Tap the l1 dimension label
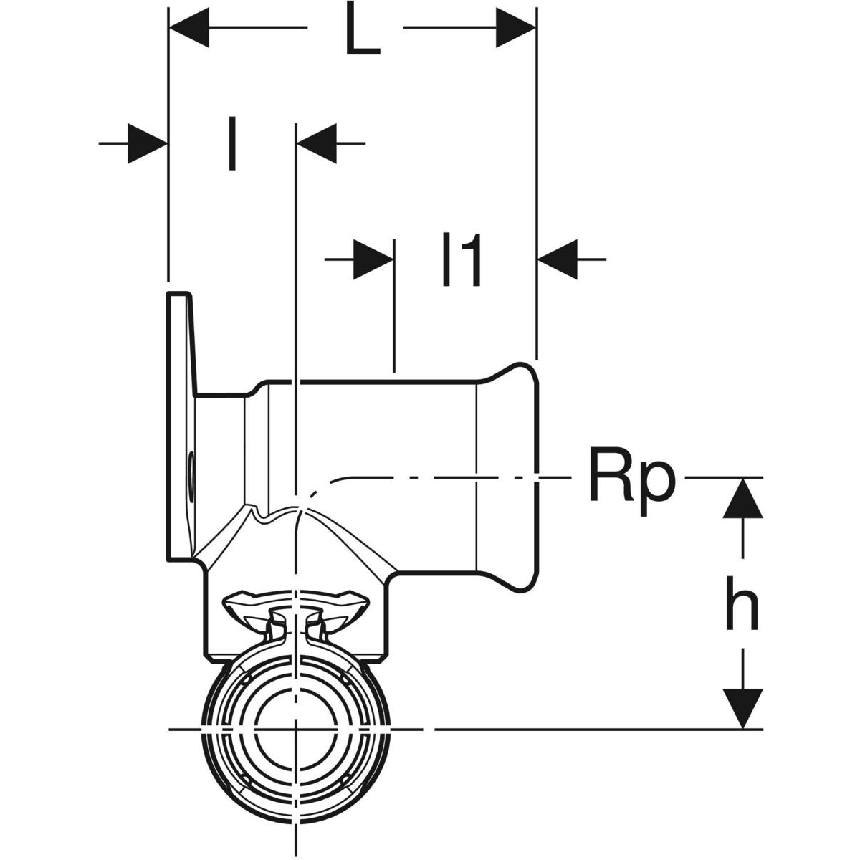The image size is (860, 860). coord(461,263)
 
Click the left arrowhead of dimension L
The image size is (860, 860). coord(188,29)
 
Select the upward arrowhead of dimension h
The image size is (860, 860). coord(742,498)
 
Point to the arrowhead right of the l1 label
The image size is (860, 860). coord(558,259)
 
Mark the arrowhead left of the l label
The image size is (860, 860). coord(148,143)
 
